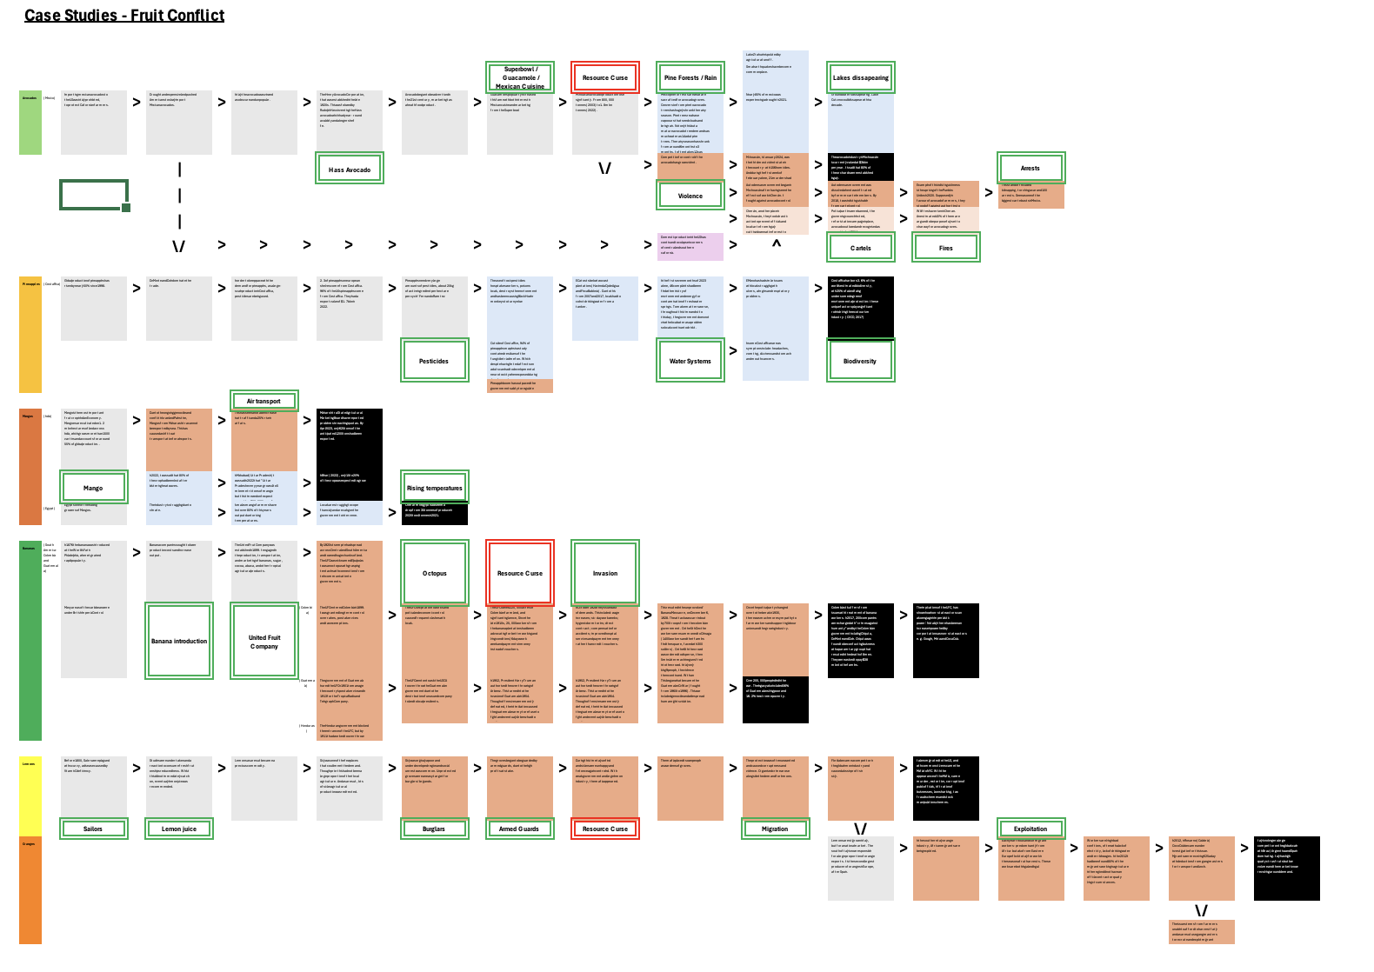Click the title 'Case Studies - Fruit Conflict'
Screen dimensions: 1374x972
[x=124, y=16]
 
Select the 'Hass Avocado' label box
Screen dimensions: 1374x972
[x=350, y=170]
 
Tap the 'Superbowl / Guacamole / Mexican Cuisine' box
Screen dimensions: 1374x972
[x=520, y=77]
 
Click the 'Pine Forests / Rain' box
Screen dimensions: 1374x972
[x=690, y=77]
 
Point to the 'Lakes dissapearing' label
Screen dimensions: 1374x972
[x=860, y=77]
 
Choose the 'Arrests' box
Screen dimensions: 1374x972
[x=1030, y=168]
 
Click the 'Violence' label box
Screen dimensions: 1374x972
[x=690, y=196]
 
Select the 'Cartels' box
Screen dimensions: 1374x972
[x=860, y=248]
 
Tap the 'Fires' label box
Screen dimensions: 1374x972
[x=945, y=248]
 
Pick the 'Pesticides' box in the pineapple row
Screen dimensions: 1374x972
[x=434, y=361]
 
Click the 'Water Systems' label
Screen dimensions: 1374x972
[x=690, y=361]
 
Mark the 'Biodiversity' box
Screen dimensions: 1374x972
[x=860, y=361]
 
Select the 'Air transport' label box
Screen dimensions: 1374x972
[x=263, y=401]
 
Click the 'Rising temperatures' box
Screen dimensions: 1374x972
[x=435, y=488]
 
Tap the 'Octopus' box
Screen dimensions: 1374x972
[x=435, y=573]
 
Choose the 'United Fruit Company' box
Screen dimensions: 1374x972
[x=264, y=641]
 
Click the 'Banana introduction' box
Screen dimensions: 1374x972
[x=179, y=641]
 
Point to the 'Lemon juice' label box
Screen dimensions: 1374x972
[x=179, y=829]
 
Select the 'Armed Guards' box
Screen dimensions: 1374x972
[x=519, y=829]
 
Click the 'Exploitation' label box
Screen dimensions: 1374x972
[x=1030, y=829]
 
